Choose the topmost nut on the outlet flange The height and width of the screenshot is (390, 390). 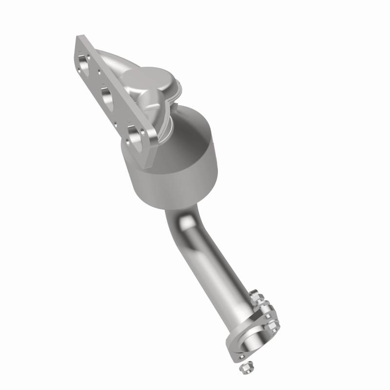pyautogui.click(x=254, y=295)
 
